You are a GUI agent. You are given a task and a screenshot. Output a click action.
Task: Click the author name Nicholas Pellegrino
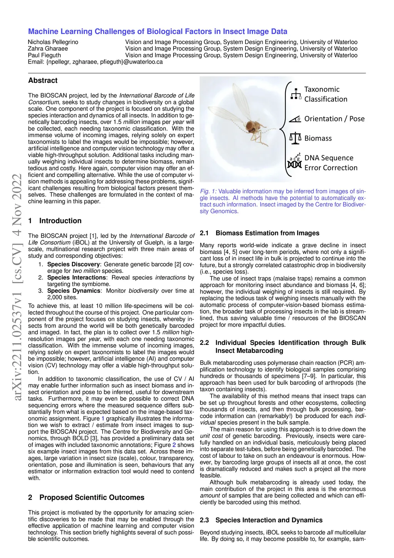pyautogui.click(x=53, y=42)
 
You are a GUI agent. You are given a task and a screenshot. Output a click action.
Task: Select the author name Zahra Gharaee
pyautogui.click(x=48, y=49)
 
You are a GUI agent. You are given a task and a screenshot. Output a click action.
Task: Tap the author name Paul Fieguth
pyautogui.click(x=44, y=55)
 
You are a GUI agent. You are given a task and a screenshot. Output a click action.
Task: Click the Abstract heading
pyautogui.click(x=43, y=81)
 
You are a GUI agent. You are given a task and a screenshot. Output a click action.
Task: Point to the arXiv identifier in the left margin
pyautogui.click(x=17, y=287)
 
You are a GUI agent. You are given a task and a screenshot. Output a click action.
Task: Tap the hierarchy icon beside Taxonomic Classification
pyautogui.click(x=295, y=94)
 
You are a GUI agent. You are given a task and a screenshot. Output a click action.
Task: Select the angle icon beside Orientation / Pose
pyautogui.click(x=295, y=119)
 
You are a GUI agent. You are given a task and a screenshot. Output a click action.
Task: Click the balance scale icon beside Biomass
pyautogui.click(x=295, y=138)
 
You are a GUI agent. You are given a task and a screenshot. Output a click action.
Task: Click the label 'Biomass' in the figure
pyautogui.click(x=318, y=138)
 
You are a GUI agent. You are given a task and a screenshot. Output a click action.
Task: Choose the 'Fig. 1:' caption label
pyautogui.click(x=208, y=192)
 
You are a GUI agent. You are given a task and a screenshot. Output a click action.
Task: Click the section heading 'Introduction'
pyautogui.click(x=60, y=221)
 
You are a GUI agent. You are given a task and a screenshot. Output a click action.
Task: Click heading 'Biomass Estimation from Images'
pyautogui.click(x=267, y=233)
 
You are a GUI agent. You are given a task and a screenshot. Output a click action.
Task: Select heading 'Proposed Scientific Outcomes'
pyautogui.click(x=92, y=497)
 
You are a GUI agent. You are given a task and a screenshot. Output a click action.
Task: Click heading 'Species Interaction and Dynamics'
pyautogui.click(x=269, y=520)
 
